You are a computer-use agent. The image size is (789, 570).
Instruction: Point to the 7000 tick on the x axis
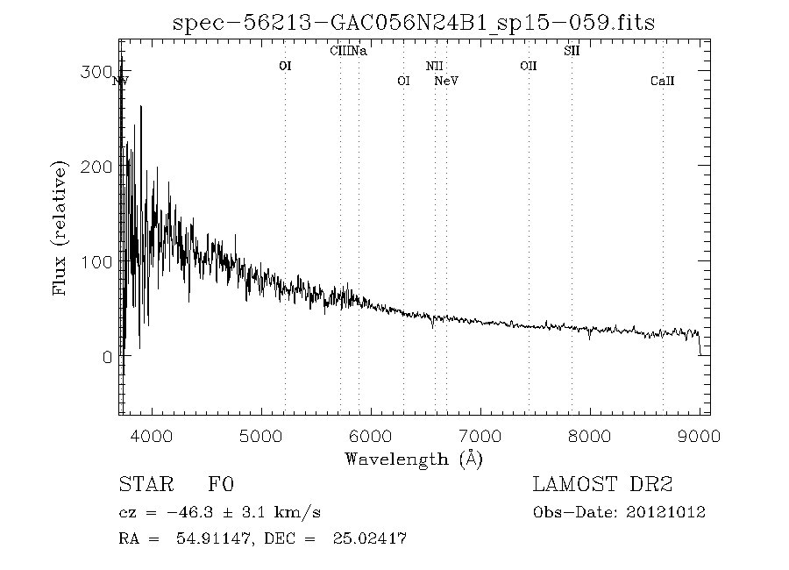click(480, 433)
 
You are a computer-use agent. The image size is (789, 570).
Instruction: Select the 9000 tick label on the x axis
click(699, 433)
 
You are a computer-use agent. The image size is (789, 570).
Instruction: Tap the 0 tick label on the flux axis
click(106, 357)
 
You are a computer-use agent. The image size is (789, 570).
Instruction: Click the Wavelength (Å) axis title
click(414, 458)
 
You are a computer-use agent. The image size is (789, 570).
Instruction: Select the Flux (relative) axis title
click(60, 228)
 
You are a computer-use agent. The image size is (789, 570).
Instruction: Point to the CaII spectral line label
click(663, 81)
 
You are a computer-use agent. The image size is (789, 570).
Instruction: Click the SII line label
click(572, 51)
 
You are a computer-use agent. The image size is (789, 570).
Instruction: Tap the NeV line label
click(447, 81)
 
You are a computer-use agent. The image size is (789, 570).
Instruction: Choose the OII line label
click(528, 66)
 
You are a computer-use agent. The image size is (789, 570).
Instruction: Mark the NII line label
click(435, 66)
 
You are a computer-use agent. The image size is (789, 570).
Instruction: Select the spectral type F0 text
click(221, 485)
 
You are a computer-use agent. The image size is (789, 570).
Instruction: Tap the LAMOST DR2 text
click(603, 485)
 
